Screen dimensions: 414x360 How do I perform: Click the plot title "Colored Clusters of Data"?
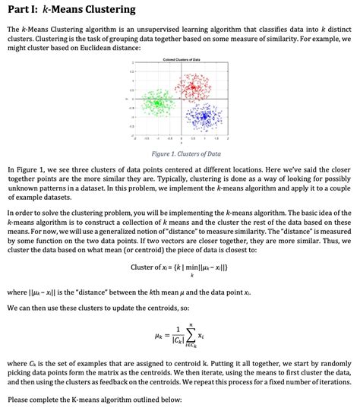pyautogui.click(x=181, y=59)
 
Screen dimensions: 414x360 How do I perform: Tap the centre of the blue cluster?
pyautogui.click(x=204, y=115)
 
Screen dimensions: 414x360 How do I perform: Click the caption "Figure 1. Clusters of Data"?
pyautogui.click(x=180, y=152)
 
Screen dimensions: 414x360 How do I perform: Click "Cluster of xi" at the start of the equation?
pyautogui.click(x=153, y=266)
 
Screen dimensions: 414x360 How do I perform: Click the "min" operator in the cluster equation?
pyautogui.click(x=193, y=266)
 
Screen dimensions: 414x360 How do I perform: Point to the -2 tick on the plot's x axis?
pyautogui.click(x=134, y=138)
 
